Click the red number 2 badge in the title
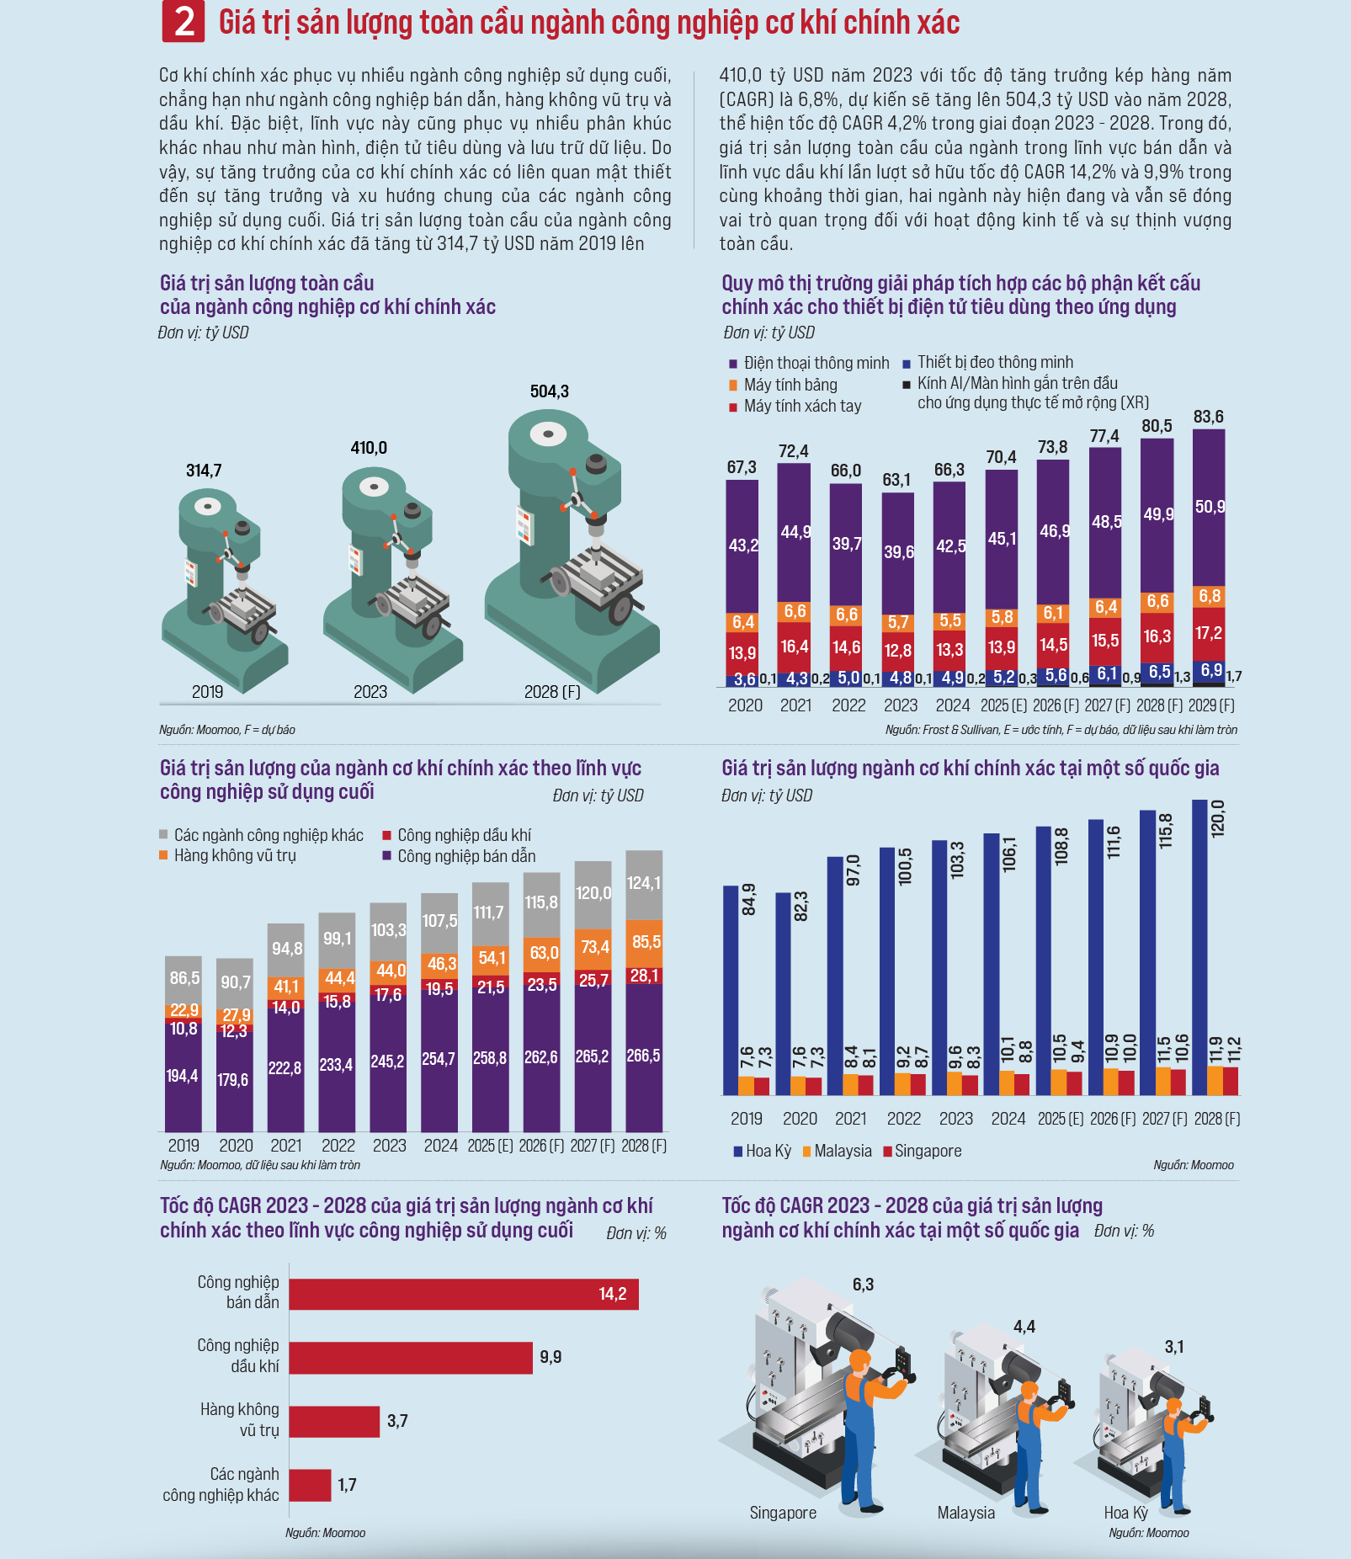click(184, 22)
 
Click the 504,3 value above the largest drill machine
click(549, 391)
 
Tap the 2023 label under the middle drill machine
click(370, 692)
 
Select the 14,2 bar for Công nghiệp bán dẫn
click(463, 1294)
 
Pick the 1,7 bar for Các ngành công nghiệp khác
click(310, 1485)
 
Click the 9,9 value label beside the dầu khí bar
click(551, 1357)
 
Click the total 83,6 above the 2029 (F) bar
click(1208, 417)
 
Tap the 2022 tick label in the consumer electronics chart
click(848, 705)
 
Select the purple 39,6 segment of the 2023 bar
click(898, 551)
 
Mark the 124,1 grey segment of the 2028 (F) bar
click(644, 884)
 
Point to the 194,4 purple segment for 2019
click(183, 1076)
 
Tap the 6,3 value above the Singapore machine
click(863, 1285)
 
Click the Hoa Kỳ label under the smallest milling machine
click(1125, 1513)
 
